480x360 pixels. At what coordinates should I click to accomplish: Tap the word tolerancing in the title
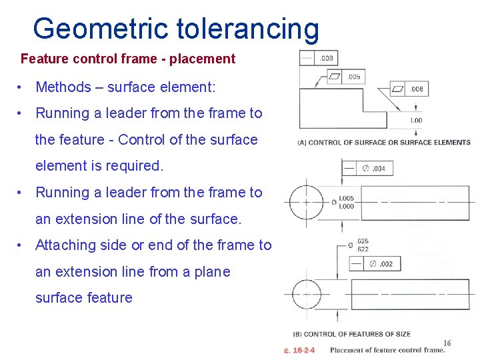tap(248, 29)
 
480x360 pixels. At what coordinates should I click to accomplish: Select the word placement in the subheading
tap(202, 59)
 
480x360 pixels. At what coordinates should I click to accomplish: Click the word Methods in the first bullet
tap(63, 87)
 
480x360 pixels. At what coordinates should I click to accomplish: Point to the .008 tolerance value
tap(327, 59)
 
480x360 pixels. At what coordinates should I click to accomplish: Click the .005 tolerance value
tap(353, 77)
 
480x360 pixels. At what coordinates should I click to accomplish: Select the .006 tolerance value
tap(417, 89)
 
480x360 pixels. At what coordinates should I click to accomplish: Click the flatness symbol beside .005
tap(335, 77)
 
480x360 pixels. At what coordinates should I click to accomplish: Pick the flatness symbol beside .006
tap(398, 89)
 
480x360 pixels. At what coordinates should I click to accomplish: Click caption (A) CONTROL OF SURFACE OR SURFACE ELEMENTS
tap(384, 142)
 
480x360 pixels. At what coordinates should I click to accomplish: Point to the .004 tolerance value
tap(378, 168)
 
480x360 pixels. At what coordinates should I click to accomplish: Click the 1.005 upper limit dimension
tap(346, 199)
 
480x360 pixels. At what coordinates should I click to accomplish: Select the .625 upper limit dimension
tap(362, 241)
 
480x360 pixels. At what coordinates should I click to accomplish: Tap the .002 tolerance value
tap(385, 264)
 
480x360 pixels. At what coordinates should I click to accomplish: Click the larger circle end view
tap(305, 201)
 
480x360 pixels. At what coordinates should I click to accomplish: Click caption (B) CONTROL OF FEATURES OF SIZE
tap(351, 334)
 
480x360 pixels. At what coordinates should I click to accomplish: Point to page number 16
tap(447, 343)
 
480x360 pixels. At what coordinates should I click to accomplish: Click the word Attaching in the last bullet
tap(63, 245)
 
